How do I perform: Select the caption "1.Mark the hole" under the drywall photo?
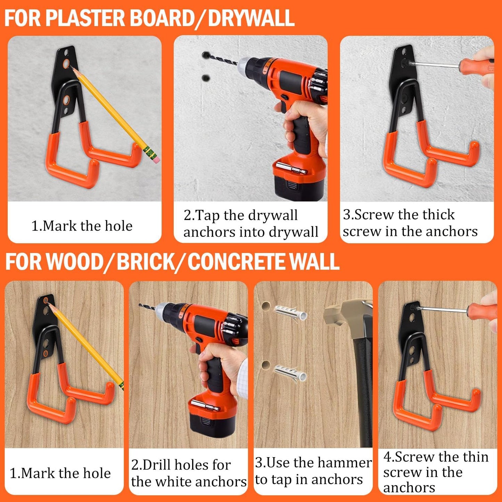(82, 226)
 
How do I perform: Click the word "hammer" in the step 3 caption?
(344, 463)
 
